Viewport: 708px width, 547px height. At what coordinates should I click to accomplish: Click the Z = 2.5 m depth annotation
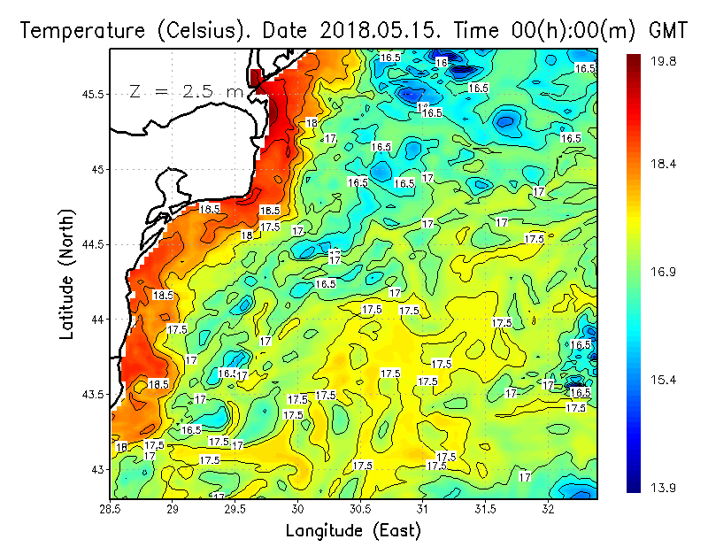pos(186,92)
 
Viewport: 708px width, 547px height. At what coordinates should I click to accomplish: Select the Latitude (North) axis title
pos(67,270)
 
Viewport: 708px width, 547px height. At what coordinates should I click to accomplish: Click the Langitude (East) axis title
pos(353,530)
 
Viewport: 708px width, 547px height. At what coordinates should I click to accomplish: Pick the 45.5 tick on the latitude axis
pos(91,94)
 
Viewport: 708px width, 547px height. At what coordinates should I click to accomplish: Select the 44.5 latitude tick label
pos(91,244)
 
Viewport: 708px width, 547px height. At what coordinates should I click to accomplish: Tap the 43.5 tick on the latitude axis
pos(91,394)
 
